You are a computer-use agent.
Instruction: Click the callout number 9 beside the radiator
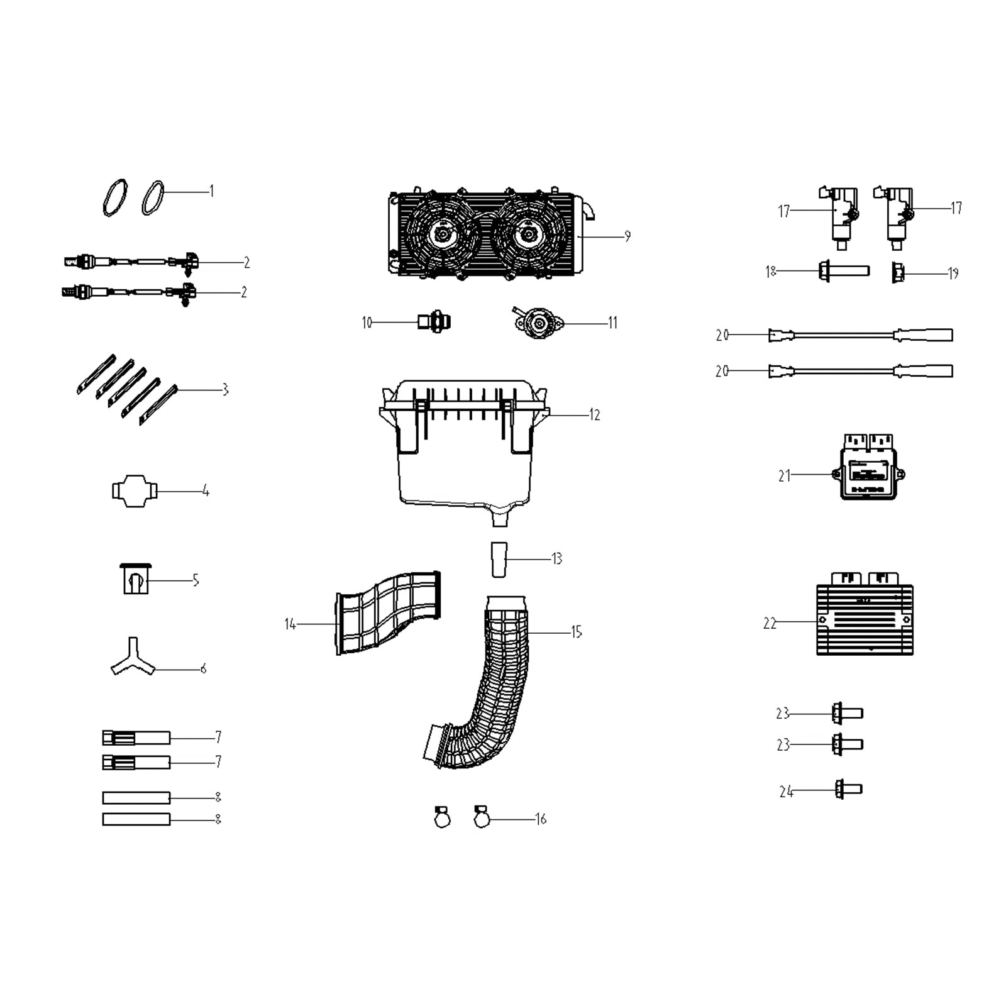tap(627, 236)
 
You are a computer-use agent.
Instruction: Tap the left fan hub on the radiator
tap(442, 235)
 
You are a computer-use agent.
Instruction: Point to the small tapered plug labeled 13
tap(499, 559)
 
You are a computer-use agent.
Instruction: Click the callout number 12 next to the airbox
tap(594, 415)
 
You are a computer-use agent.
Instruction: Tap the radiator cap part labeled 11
tap(538, 323)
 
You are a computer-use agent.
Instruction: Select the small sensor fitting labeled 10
tap(434, 323)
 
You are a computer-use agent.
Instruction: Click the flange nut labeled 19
tap(898, 273)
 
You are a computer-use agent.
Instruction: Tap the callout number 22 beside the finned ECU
tap(770, 623)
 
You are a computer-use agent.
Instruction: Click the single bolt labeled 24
tap(848, 789)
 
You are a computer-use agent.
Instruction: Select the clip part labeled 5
tap(135, 579)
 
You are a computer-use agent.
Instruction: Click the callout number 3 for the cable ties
tap(225, 390)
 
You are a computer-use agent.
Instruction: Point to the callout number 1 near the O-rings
tap(211, 191)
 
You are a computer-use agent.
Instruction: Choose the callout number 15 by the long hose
tap(576, 632)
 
